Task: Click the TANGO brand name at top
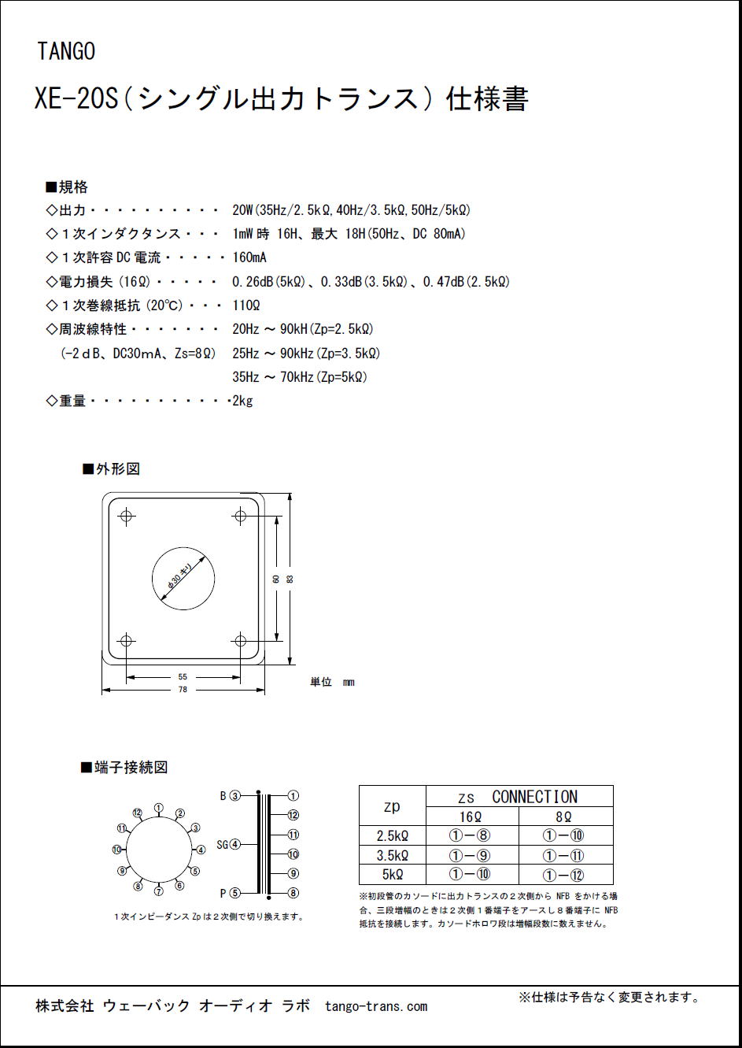tap(66, 52)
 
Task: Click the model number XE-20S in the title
tap(76, 100)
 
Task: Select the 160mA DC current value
tap(249, 257)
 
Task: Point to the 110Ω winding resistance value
tap(245, 306)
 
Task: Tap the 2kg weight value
tap(242, 401)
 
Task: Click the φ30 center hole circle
tap(183, 579)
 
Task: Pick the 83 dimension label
tap(290, 579)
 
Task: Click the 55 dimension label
tap(183, 677)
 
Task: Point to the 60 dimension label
tap(276, 579)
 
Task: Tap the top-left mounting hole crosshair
tap(126, 517)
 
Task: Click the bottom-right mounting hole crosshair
tap(240, 639)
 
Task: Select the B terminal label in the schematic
tap(223, 796)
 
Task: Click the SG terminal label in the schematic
tap(222, 845)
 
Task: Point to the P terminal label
tap(224, 893)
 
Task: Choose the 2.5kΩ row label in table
tap(392, 836)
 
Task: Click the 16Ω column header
tap(471, 817)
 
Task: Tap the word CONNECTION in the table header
tap(534, 797)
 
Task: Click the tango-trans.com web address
tap(375, 1006)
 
